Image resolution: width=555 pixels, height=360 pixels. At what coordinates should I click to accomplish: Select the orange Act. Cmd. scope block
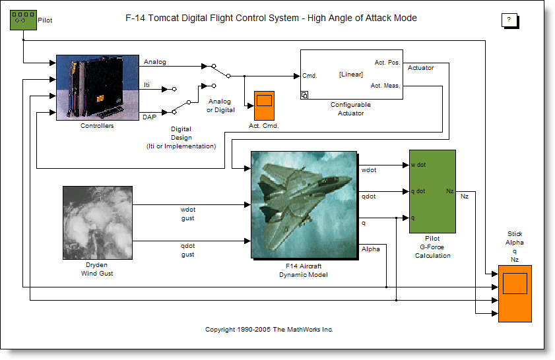point(264,101)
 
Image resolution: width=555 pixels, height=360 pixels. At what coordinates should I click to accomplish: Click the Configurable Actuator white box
point(351,74)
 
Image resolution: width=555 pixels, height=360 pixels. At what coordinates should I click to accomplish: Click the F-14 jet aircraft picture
point(303,204)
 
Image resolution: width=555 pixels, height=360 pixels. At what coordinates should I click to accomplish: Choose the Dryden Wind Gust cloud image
point(97,223)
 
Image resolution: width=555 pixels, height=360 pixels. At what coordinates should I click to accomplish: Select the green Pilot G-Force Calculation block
point(432,191)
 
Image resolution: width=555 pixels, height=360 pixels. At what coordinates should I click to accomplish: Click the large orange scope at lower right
point(515,293)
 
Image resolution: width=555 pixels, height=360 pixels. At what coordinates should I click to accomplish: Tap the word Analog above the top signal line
point(154,62)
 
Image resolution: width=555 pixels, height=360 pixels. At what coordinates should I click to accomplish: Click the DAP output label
point(150,117)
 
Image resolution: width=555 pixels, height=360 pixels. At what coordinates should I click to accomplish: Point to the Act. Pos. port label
point(387,62)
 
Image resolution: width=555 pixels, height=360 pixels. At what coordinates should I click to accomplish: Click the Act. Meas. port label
point(385,85)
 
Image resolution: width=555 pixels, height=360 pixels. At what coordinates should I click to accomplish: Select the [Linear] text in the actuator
point(350,75)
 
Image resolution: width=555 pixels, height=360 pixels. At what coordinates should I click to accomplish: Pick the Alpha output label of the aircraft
point(370,249)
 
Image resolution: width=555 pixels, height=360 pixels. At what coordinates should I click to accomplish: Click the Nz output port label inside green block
point(449,191)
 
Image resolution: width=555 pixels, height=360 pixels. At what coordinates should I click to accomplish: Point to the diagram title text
point(271,18)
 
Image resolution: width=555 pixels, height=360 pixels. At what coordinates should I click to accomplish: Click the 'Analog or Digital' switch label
point(219,105)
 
